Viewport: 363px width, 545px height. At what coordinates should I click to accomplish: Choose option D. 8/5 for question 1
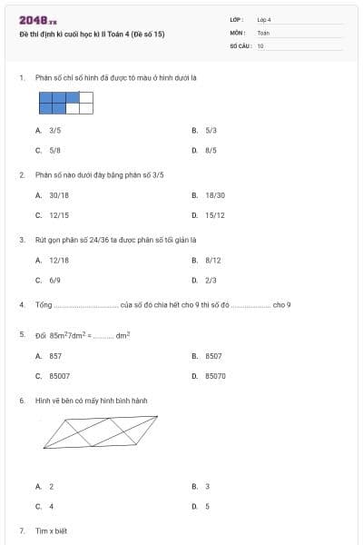tap(206, 150)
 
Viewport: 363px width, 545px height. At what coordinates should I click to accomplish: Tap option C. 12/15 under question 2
tap(54, 215)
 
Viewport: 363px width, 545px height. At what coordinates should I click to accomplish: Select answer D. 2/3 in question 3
tap(206, 280)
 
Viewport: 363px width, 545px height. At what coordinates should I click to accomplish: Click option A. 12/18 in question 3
tap(54, 260)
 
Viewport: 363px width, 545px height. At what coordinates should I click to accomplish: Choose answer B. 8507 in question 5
tap(209, 356)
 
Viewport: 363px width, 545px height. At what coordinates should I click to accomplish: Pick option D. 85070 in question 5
tap(211, 375)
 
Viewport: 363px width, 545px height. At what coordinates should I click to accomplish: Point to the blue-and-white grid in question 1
tap(65, 103)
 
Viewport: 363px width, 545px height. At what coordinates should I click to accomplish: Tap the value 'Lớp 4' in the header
tap(264, 19)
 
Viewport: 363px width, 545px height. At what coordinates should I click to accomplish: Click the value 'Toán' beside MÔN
tap(263, 32)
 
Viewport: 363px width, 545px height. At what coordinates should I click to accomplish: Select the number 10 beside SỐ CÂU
tap(260, 45)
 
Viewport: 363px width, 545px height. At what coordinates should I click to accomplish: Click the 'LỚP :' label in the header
tap(237, 19)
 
